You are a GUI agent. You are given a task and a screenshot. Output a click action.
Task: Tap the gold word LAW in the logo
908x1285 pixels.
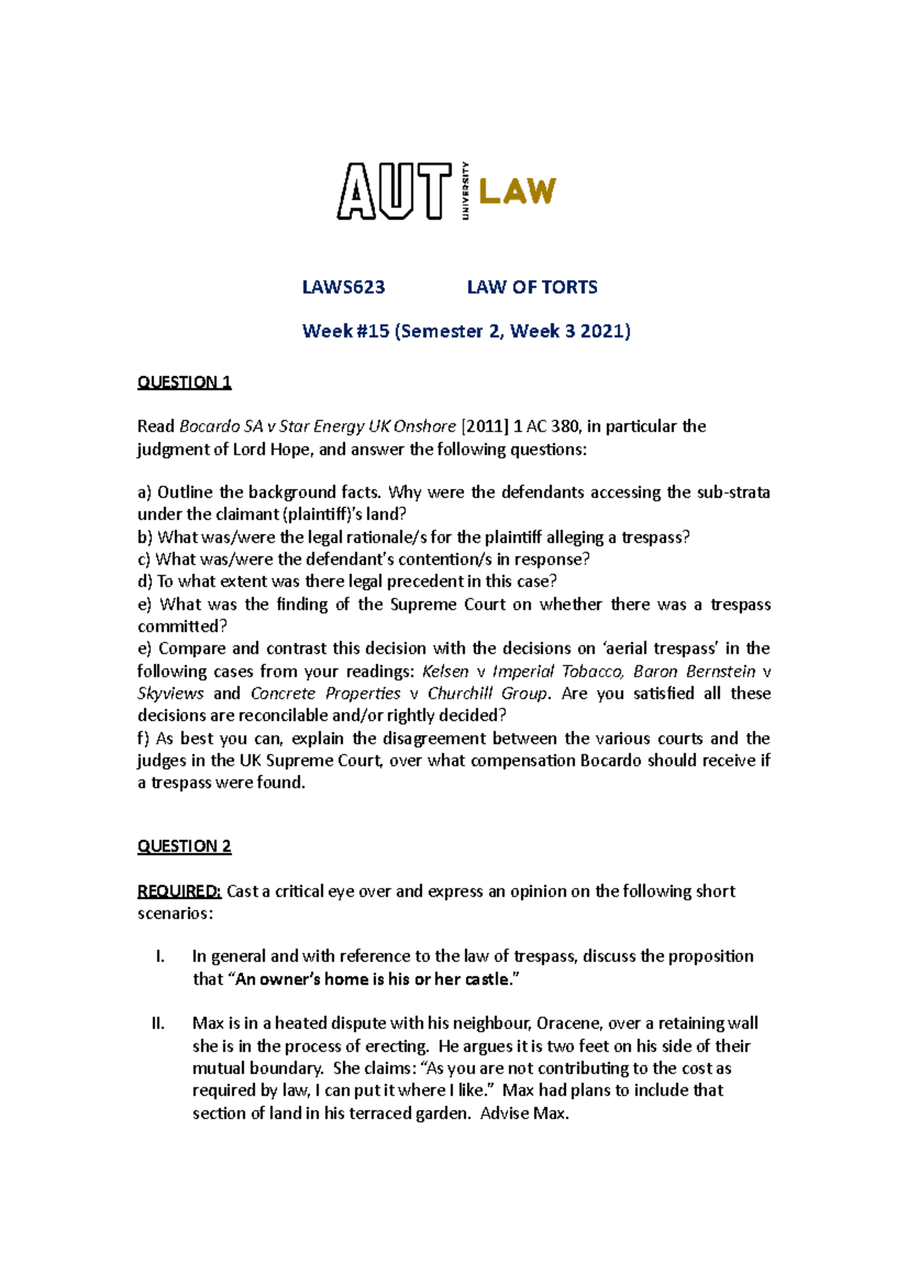pos(518,191)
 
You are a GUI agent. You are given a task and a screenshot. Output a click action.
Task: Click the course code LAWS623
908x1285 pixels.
pos(344,288)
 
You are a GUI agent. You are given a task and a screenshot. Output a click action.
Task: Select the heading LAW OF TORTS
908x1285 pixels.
pos(532,288)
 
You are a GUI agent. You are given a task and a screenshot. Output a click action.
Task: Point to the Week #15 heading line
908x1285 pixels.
pos(466,331)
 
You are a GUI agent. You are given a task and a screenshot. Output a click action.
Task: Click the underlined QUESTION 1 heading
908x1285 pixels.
pos(184,382)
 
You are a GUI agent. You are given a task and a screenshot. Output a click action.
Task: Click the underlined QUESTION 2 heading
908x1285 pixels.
pos(184,846)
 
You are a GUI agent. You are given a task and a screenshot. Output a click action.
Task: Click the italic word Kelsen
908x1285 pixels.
pos(445,671)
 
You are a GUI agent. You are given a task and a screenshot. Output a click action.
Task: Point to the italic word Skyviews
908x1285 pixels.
pos(170,693)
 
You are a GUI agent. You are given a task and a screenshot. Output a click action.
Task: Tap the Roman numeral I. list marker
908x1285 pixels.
pos(160,957)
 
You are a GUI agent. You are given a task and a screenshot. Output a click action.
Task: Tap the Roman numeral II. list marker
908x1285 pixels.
pos(158,1024)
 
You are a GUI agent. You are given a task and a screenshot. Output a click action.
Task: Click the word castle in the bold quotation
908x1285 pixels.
pos(487,979)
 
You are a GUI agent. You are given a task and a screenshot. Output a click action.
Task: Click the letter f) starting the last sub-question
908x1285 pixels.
pos(144,739)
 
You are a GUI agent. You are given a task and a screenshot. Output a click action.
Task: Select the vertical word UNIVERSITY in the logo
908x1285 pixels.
pos(465,191)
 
